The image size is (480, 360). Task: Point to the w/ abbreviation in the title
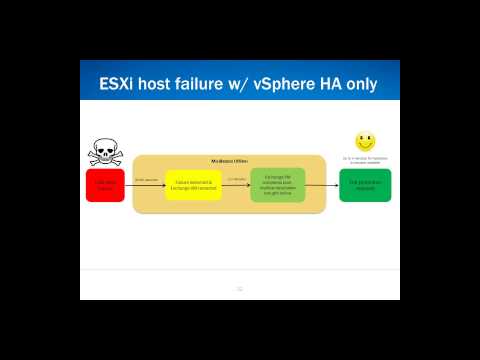pyautogui.click(x=258, y=83)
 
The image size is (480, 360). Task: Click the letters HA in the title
pyautogui.click(x=346, y=83)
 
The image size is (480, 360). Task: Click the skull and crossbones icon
pyautogui.click(x=105, y=152)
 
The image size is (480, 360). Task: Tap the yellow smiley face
pyautogui.click(x=365, y=142)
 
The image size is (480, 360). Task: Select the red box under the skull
pyautogui.click(x=105, y=185)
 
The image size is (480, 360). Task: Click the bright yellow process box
pyautogui.click(x=193, y=185)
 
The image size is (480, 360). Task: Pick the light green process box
pyautogui.click(x=277, y=185)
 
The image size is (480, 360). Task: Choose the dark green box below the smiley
pyautogui.click(x=365, y=185)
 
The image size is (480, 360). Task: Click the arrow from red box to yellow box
pyautogui.click(x=144, y=185)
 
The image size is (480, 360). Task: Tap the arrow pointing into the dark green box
pyautogui.click(x=322, y=185)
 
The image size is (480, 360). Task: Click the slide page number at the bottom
pyautogui.click(x=239, y=289)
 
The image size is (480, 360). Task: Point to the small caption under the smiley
pyautogui.click(x=365, y=160)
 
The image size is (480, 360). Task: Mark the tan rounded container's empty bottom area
pyautogui.click(x=230, y=207)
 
